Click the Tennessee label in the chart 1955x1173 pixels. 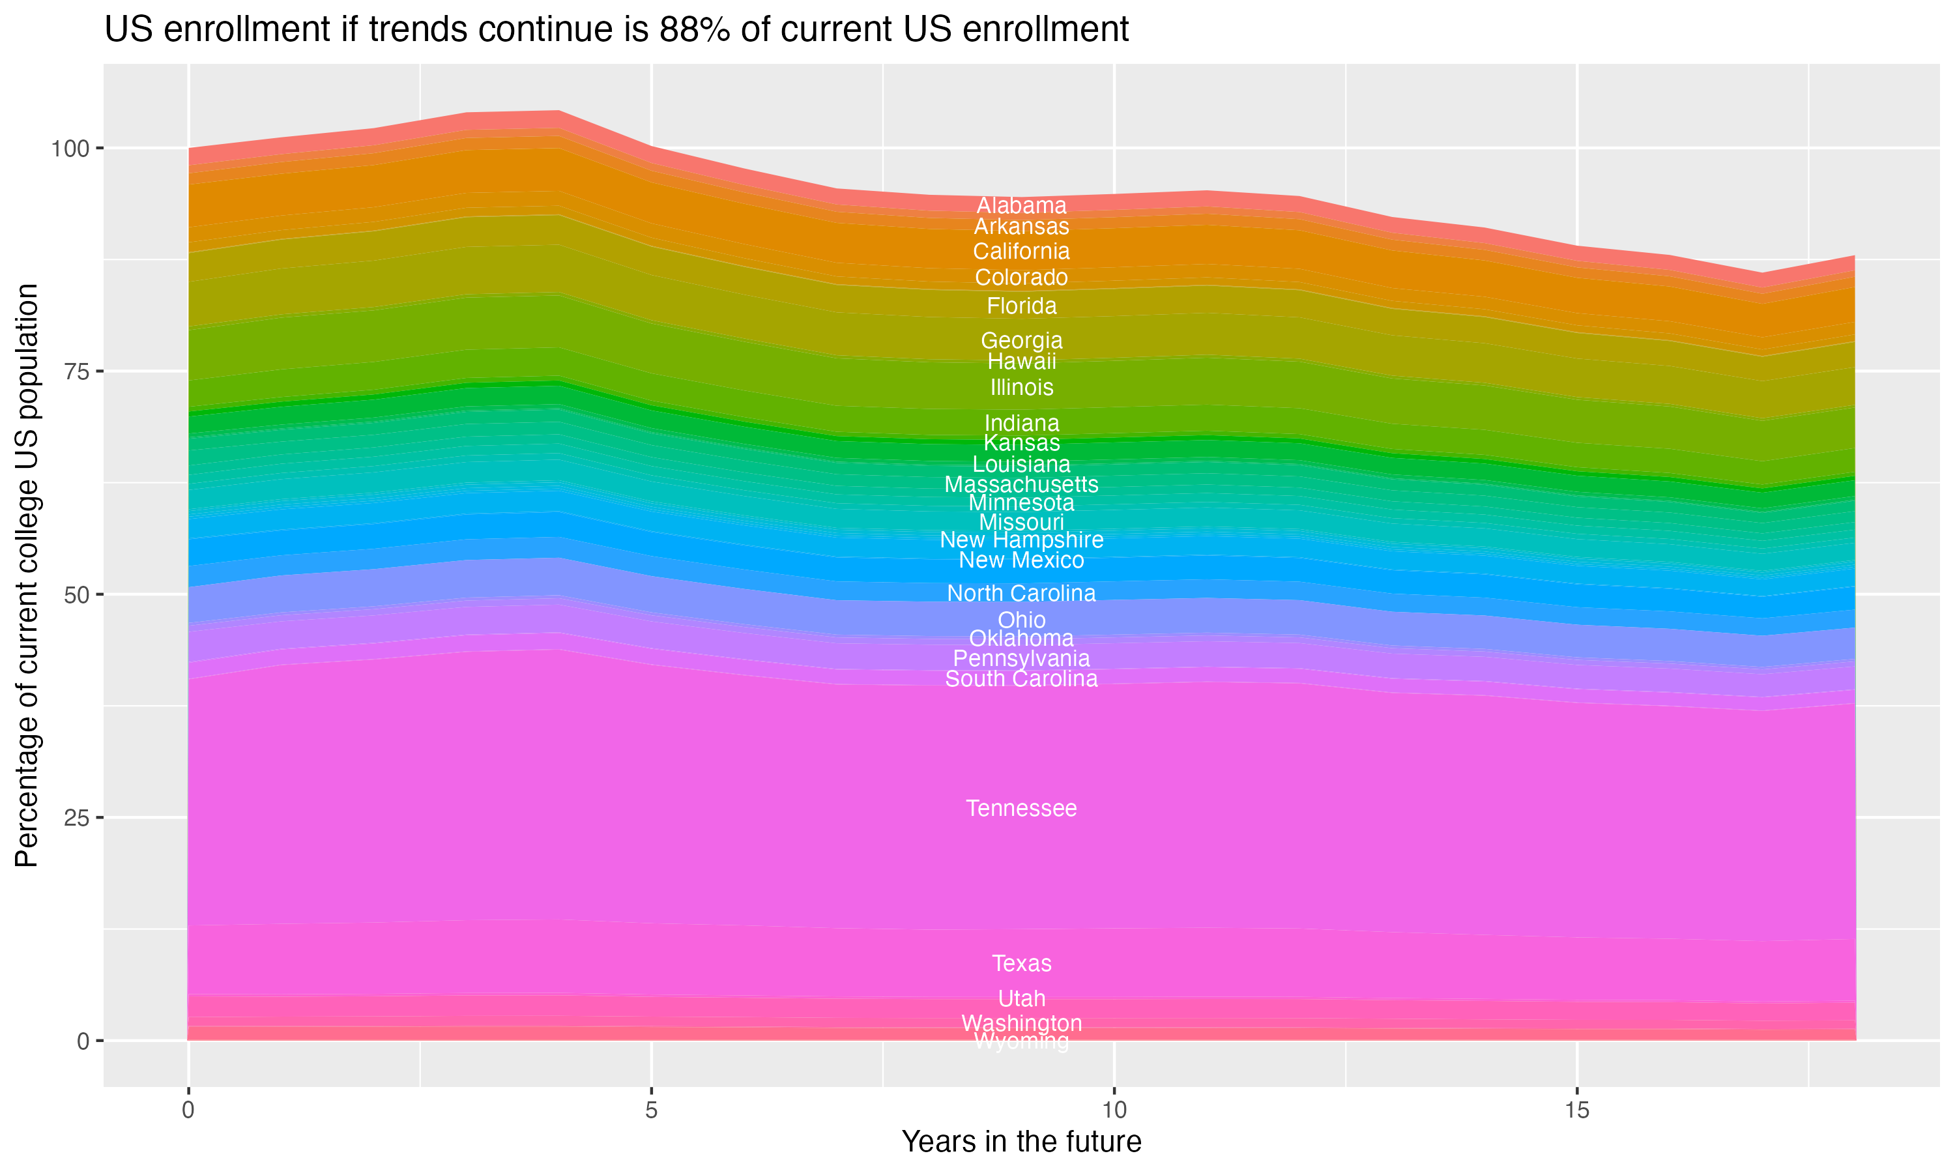[x=1021, y=808]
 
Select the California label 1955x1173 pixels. [x=1021, y=252]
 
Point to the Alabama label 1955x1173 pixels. [x=1021, y=205]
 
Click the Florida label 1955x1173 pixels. [x=1021, y=305]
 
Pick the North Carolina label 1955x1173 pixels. [x=1021, y=593]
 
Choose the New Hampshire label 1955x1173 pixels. [x=1021, y=540]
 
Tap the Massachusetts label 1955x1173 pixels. [x=1021, y=484]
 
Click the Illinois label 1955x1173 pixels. [x=1021, y=387]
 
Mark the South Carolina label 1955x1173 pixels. [x=1021, y=679]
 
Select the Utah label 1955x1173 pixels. [x=1021, y=998]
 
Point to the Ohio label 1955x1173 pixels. [x=1021, y=620]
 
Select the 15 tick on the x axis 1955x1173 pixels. [x=1576, y=1110]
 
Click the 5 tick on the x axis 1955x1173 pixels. [x=651, y=1110]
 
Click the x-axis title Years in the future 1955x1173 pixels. [x=1021, y=1141]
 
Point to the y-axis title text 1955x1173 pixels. [x=27, y=575]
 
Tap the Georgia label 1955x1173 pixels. [x=1021, y=341]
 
